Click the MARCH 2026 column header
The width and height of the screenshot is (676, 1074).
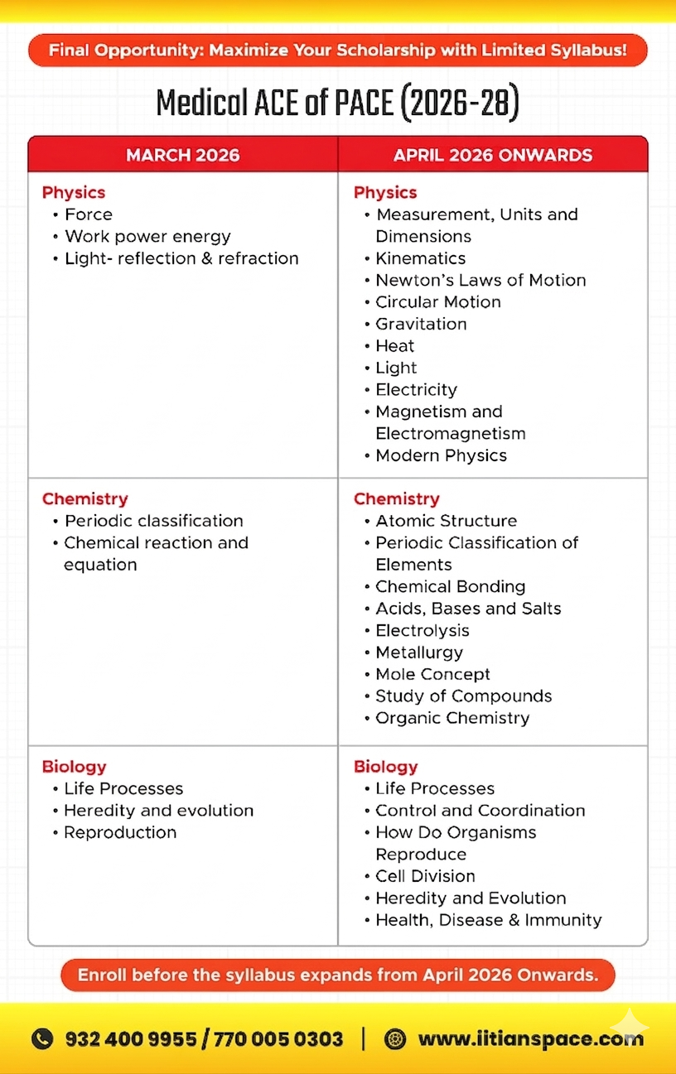pyautogui.click(x=182, y=155)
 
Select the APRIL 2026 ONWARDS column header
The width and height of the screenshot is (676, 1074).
pyautogui.click(x=493, y=155)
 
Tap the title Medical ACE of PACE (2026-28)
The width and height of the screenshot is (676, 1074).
pyautogui.click(x=338, y=104)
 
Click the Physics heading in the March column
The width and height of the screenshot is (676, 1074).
pyautogui.click(x=74, y=192)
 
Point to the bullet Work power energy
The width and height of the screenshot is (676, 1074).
pyautogui.click(x=147, y=236)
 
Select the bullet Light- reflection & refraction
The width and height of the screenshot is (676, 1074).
pyautogui.click(x=181, y=258)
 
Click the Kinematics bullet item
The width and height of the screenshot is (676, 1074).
pyautogui.click(x=420, y=258)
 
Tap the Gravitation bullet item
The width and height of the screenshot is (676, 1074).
pyautogui.click(x=421, y=324)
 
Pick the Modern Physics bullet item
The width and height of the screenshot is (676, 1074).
pyautogui.click(x=441, y=455)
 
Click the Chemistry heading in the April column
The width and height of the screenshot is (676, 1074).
pyautogui.click(x=396, y=498)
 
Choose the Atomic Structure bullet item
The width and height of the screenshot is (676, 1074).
pyautogui.click(x=446, y=521)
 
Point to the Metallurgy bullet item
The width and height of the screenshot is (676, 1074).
pyautogui.click(x=419, y=653)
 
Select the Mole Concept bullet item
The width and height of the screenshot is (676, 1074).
pyautogui.click(x=432, y=674)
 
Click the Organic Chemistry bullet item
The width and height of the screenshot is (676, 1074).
pyautogui.click(x=452, y=718)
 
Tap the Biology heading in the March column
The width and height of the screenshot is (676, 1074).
pyautogui.click(x=74, y=767)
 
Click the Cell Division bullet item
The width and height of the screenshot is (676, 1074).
pyautogui.click(x=425, y=876)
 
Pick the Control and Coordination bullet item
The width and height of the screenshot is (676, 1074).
pyautogui.click(x=480, y=811)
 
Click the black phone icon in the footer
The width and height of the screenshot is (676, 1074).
pyautogui.click(x=41, y=1038)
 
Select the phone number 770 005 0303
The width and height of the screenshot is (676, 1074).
pyautogui.click(x=278, y=1038)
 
